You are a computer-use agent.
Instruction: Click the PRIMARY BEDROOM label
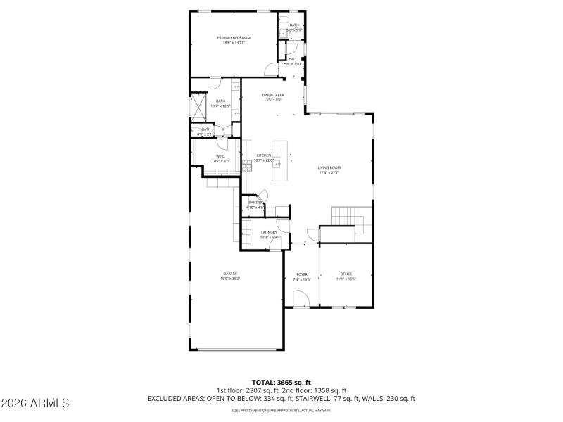tap(234, 37)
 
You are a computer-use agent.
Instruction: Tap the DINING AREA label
tap(272, 95)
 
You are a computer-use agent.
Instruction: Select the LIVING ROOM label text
tap(329, 167)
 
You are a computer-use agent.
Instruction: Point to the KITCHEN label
tap(264, 155)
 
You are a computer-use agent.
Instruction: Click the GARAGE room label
tap(230, 274)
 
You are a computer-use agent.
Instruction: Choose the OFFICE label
tap(346, 274)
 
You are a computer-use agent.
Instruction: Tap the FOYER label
tap(301, 274)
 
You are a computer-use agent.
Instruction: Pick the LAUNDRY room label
tap(269, 232)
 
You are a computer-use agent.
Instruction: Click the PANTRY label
tap(255, 203)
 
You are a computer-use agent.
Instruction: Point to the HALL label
tap(292, 59)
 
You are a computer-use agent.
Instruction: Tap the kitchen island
tap(279, 160)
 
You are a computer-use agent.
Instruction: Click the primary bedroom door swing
tap(270, 70)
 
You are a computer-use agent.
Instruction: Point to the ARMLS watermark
tap(35, 403)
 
